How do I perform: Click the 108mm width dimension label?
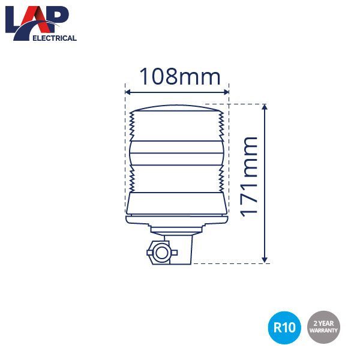pos(180,76)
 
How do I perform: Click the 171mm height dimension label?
pos(248,177)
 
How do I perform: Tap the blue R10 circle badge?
pos(284,328)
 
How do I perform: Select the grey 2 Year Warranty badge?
pos(323,328)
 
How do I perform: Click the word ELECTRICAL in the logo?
pos(55,38)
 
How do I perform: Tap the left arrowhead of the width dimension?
pos(128,92)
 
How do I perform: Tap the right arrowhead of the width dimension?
pos(226,92)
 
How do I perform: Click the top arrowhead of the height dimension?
pos(265,107)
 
